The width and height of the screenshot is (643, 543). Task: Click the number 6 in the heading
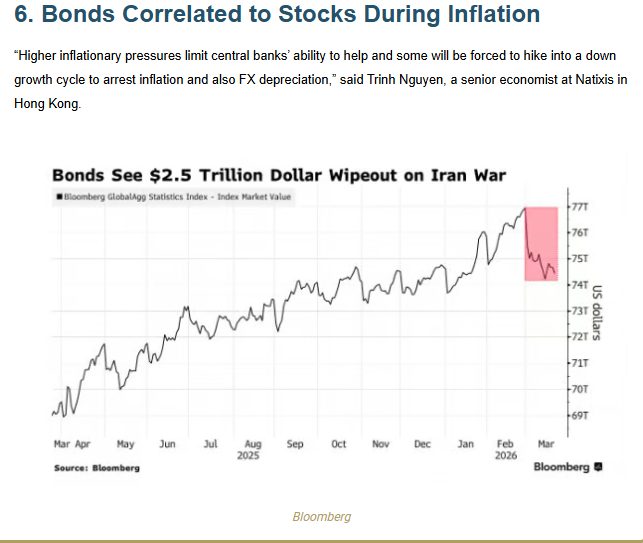[21, 15]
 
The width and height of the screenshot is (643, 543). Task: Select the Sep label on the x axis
[295, 444]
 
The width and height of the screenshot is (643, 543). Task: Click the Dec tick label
[422, 444]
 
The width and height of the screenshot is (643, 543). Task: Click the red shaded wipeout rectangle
[541, 243]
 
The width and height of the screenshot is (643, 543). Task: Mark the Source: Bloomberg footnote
[97, 468]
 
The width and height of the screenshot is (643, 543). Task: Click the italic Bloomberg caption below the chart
[321, 517]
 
